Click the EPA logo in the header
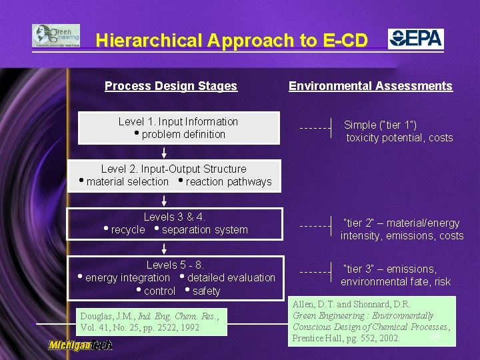pos(416,39)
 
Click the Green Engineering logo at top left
pos(56,36)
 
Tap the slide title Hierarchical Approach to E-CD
pos(231,41)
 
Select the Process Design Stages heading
pos(171,86)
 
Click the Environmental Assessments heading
pos(370,86)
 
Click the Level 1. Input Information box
pos(179,128)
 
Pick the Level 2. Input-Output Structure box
pos(174,175)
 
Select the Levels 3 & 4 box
pos(175,223)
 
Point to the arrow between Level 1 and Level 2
pos(164,152)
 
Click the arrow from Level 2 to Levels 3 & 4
pos(164,199)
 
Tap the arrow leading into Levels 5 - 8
pos(164,248)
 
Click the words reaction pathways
pos(229,182)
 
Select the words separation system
pos(205,230)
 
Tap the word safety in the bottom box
pos(206,291)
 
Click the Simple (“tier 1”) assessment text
pos(399,131)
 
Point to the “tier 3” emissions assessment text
pos(395,275)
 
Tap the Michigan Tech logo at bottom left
pos(80,345)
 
